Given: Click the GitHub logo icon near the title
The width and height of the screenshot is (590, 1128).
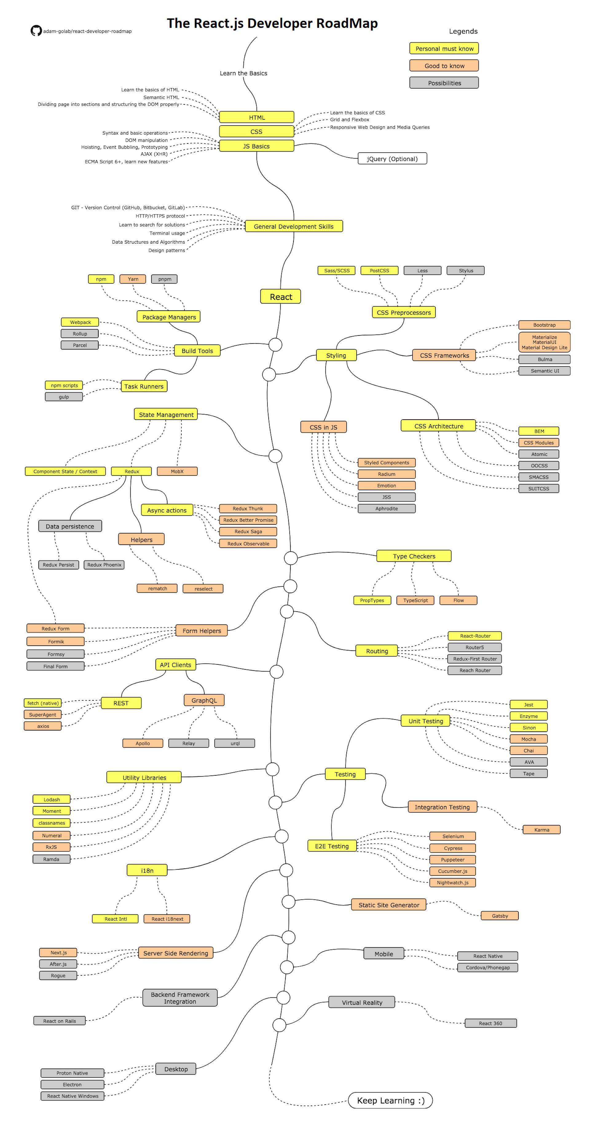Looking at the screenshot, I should [36, 31].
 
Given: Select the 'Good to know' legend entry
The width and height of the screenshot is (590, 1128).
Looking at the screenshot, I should [444, 66].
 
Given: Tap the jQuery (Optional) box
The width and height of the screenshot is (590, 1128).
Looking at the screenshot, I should [392, 159].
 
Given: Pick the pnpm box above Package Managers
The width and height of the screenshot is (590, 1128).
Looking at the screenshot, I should [164, 279].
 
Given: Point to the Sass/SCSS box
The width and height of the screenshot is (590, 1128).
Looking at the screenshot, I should [336, 271].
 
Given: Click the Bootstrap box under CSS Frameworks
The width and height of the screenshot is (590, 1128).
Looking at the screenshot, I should [544, 325].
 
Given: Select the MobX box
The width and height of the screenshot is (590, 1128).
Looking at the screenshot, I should [177, 471].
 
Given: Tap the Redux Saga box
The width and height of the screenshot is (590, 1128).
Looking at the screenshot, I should [248, 531].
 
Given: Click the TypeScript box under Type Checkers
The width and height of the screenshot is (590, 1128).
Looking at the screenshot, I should [415, 600].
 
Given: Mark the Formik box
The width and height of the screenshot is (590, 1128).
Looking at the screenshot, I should [56, 641].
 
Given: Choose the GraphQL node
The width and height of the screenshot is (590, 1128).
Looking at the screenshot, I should [204, 700].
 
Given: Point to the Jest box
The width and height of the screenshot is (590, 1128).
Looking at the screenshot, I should [528, 705].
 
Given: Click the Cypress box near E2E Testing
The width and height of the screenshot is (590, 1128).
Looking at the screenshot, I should [452, 848].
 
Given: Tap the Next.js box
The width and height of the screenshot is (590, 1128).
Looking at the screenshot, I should [58, 952].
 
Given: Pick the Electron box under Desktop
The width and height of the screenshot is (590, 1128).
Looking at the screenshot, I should [72, 1084].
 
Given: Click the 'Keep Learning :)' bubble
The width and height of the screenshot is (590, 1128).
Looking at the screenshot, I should [390, 1100].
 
